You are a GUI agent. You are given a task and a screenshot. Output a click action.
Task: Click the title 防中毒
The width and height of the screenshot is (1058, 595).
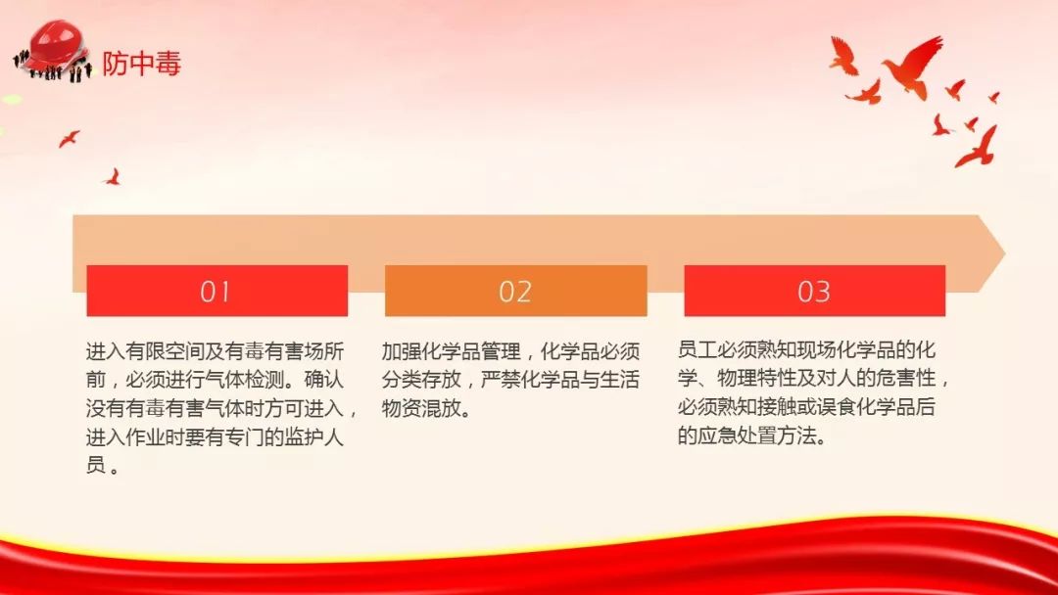click(x=142, y=64)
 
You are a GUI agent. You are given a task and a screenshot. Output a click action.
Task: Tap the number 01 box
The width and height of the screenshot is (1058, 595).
click(x=217, y=291)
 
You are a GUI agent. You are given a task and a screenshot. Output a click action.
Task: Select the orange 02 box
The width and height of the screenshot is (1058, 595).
click(x=515, y=291)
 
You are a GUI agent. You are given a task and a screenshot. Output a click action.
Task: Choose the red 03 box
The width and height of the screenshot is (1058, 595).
click(x=814, y=291)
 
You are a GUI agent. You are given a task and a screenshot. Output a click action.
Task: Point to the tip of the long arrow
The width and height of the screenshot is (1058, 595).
click(x=1005, y=254)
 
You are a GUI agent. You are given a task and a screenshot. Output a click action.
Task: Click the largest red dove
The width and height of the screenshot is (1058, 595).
click(x=913, y=66)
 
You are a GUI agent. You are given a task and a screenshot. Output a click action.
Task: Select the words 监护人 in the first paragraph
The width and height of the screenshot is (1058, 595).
click(x=313, y=437)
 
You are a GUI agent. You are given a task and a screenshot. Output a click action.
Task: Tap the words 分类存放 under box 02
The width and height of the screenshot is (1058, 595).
click(x=421, y=380)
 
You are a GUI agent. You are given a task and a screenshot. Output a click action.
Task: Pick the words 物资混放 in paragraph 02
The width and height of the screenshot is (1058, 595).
click(x=421, y=408)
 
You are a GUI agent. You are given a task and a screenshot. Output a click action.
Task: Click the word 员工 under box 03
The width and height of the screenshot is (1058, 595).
click(x=697, y=350)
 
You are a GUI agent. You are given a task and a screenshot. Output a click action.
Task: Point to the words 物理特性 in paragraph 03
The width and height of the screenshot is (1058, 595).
click(x=756, y=379)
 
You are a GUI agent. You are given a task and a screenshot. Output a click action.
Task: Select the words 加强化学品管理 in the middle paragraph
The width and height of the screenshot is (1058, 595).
click(x=452, y=351)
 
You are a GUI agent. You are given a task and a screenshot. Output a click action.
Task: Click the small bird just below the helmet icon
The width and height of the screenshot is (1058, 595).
click(x=69, y=139)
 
